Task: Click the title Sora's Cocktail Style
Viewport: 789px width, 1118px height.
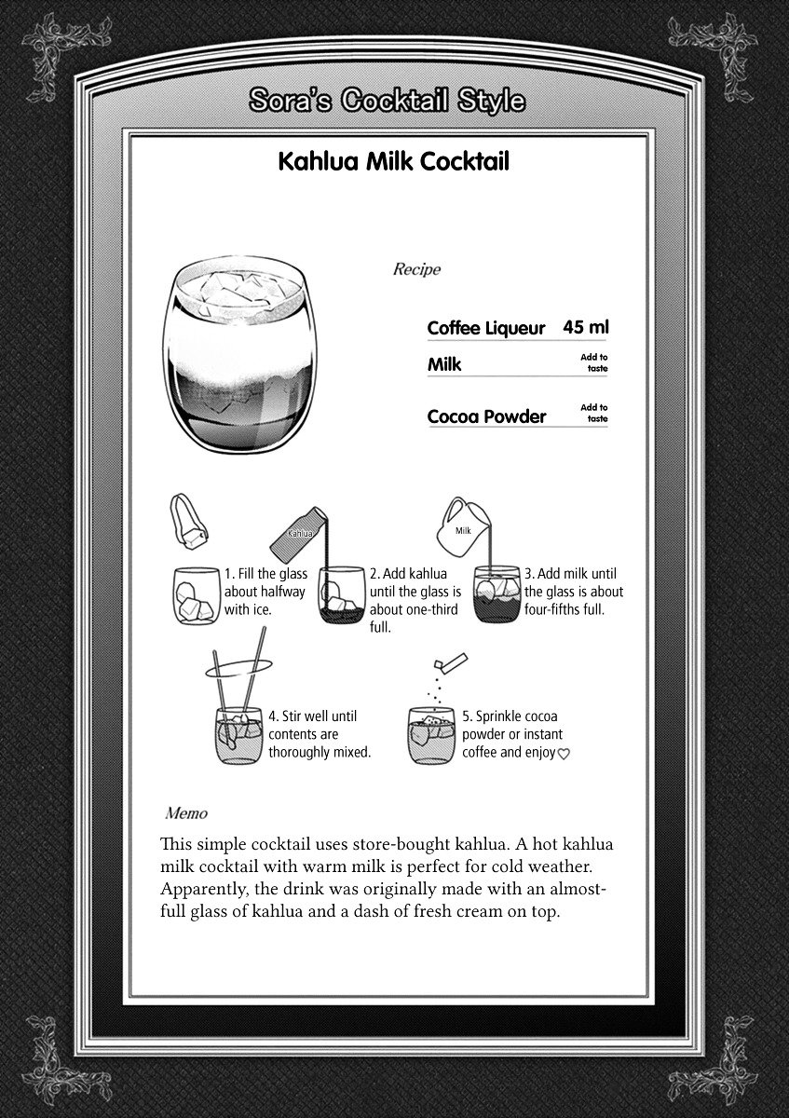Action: [x=387, y=101]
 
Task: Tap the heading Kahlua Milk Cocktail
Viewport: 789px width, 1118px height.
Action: [x=394, y=161]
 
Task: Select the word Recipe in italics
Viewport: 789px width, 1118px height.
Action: [x=416, y=269]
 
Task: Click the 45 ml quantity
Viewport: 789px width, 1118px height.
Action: [x=586, y=327]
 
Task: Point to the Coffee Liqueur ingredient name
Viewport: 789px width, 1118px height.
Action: [x=486, y=328]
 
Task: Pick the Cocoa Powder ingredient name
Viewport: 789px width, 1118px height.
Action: [x=486, y=416]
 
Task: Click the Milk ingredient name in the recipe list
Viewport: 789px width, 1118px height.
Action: [x=444, y=364]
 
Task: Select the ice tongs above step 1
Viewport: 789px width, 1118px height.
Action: [x=189, y=522]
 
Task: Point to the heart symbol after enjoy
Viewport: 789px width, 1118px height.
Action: [x=563, y=754]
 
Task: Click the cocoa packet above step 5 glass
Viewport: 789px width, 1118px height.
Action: [x=451, y=661]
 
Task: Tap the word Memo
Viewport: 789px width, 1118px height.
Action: [x=186, y=813]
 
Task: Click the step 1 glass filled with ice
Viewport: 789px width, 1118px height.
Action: [x=197, y=595]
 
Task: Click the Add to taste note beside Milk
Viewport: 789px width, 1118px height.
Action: [x=594, y=362]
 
